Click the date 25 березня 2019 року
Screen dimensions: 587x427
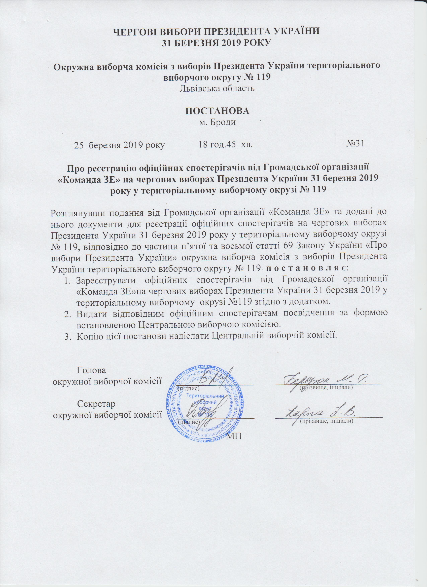119,145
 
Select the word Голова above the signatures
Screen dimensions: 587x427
91,370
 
